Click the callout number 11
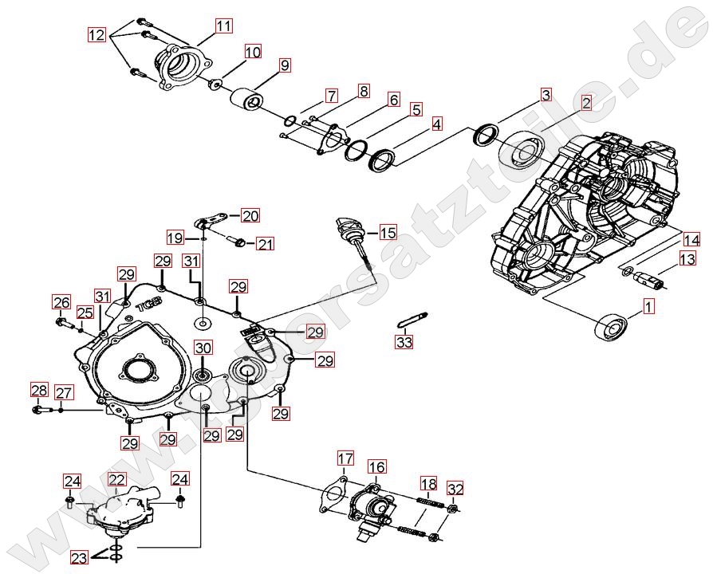click(x=223, y=26)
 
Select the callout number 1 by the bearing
click(x=649, y=305)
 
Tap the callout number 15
click(x=388, y=233)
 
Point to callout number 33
click(x=404, y=342)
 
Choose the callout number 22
click(x=117, y=479)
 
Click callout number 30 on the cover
click(x=203, y=348)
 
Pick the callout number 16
click(x=376, y=466)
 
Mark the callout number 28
click(x=39, y=390)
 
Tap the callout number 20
click(x=250, y=215)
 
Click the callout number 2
click(x=586, y=103)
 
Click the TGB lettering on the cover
click(x=148, y=305)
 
